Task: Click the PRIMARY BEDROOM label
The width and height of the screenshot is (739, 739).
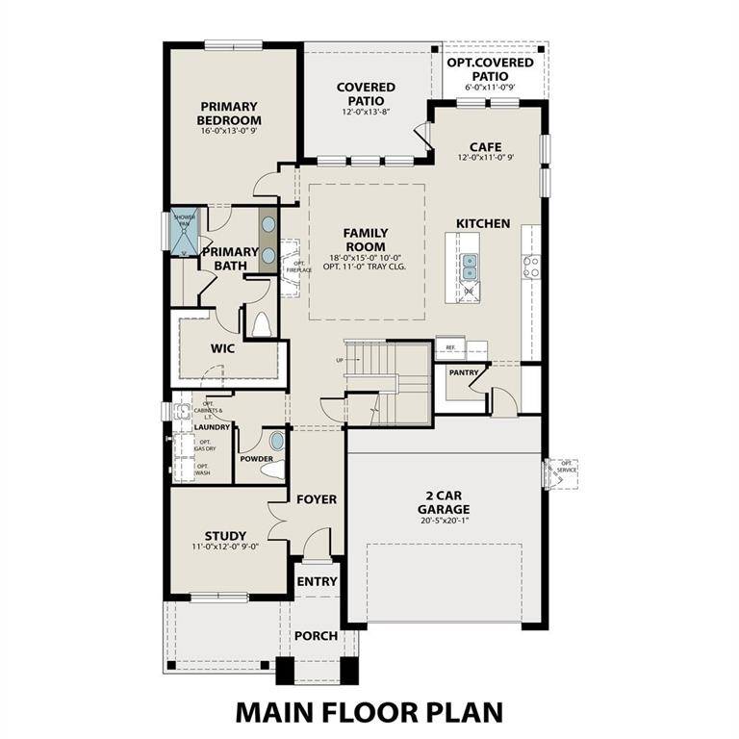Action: (230, 114)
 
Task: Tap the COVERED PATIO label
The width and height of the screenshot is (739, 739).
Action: (366, 94)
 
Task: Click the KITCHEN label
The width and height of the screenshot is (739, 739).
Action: (483, 223)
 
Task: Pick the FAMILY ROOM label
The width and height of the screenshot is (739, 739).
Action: (366, 240)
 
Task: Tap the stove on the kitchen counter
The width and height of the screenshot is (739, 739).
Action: (530, 266)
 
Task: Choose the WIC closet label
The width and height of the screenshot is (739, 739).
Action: (224, 348)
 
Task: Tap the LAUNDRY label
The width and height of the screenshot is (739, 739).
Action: (212, 426)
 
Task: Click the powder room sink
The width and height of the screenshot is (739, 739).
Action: (277, 442)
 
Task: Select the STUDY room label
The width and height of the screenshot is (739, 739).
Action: (225, 536)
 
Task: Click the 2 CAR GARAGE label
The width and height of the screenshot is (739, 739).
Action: (443, 503)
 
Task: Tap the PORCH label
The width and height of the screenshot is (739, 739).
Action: (316, 636)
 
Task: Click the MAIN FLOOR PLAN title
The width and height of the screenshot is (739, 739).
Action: (369, 712)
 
